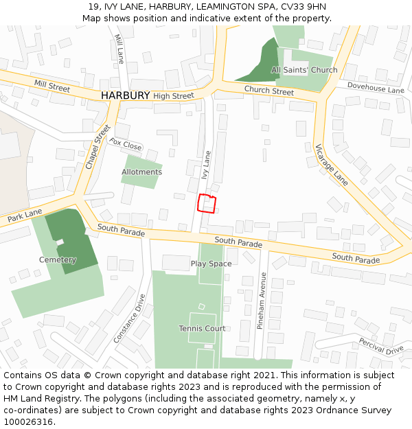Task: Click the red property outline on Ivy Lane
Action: click(207, 204)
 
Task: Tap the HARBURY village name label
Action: click(125, 95)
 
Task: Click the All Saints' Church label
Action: click(304, 70)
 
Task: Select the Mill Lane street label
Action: click(119, 49)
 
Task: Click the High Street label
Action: click(174, 96)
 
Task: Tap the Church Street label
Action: click(268, 91)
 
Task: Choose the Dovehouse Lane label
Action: click(376, 87)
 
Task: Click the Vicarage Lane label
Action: click(332, 165)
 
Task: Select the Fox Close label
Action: click(126, 145)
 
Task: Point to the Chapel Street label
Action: click(98, 147)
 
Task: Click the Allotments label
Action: click(141, 172)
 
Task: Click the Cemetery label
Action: click(58, 259)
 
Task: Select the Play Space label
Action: click(211, 264)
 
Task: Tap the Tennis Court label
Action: click(202, 328)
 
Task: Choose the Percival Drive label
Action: click(380, 346)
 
